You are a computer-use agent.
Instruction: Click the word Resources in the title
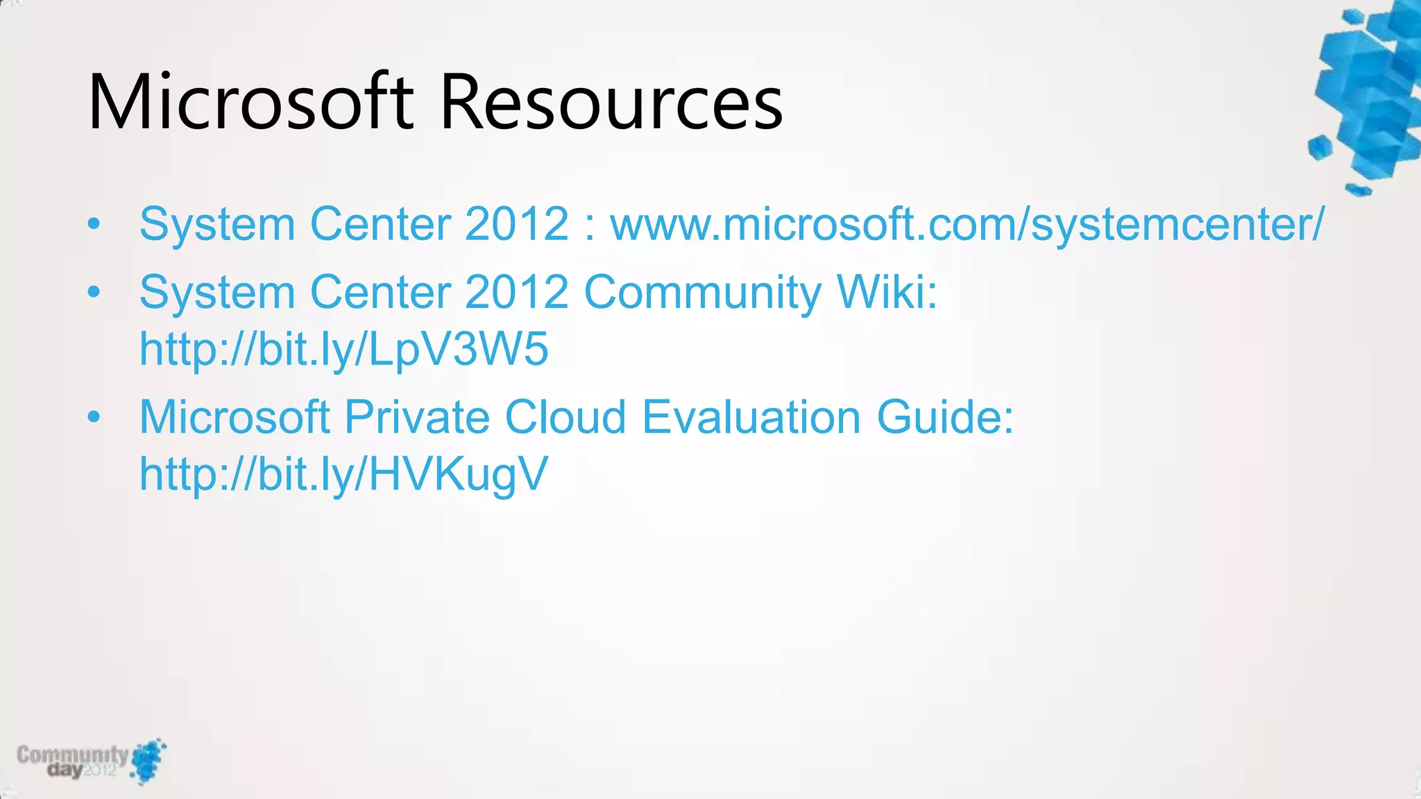[x=611, y=103]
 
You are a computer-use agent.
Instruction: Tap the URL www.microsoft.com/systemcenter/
[x=967, y=225]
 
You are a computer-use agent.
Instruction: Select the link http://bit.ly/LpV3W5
[x=343, y=349]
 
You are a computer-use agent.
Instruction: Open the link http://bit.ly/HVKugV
[x=343, y=474]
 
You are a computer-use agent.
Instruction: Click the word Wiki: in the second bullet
[x=887, y=292]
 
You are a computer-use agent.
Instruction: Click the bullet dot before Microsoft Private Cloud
[x=94, y=418]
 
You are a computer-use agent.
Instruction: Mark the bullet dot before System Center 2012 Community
[x=94, y=292]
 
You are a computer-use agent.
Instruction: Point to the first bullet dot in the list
[x=94, y=225]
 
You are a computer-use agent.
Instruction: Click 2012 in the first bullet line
[x=517, y=225]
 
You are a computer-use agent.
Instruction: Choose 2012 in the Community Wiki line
[x=517, y=292]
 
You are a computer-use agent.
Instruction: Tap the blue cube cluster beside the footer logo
[x=149, y=760]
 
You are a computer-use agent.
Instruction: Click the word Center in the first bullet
[x=380, y=225]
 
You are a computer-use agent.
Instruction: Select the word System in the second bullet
[x=217, y=292]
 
